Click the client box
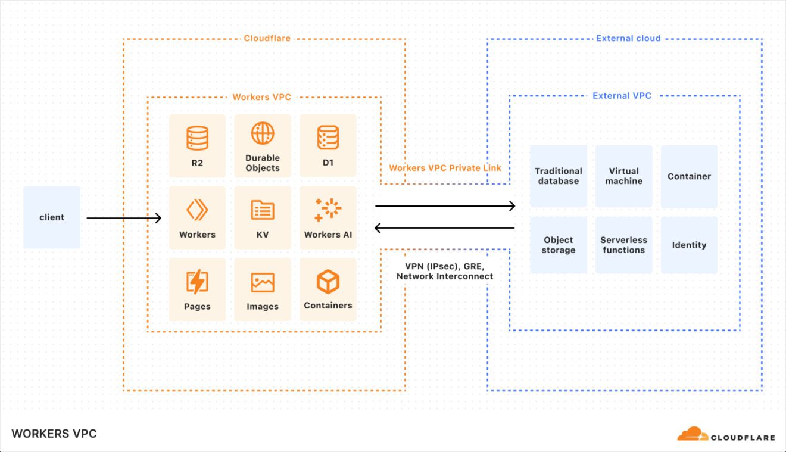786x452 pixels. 52,217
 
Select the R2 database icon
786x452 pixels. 197,138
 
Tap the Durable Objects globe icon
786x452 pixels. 263,133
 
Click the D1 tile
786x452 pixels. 328,146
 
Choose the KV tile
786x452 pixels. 263,217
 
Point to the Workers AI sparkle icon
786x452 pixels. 328,210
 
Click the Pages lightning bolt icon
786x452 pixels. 197,282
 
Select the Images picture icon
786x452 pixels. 263,282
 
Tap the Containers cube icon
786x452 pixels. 328,282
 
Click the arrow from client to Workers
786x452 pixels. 124,218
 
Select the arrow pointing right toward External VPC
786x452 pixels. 445,206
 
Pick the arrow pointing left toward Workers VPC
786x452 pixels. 445,227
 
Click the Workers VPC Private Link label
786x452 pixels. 445,168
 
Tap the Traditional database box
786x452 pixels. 559,176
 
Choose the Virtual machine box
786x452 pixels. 624,176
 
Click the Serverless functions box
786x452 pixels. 624,245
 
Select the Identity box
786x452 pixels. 689,245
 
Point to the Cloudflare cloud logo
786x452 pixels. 693,434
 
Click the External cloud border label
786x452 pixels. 628,38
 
